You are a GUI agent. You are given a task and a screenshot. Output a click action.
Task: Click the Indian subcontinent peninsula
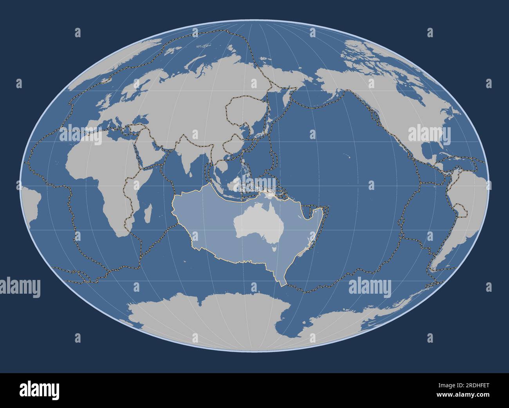(x=186, y=157)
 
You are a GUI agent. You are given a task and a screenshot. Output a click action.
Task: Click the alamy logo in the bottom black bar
(x=39, y=390)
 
